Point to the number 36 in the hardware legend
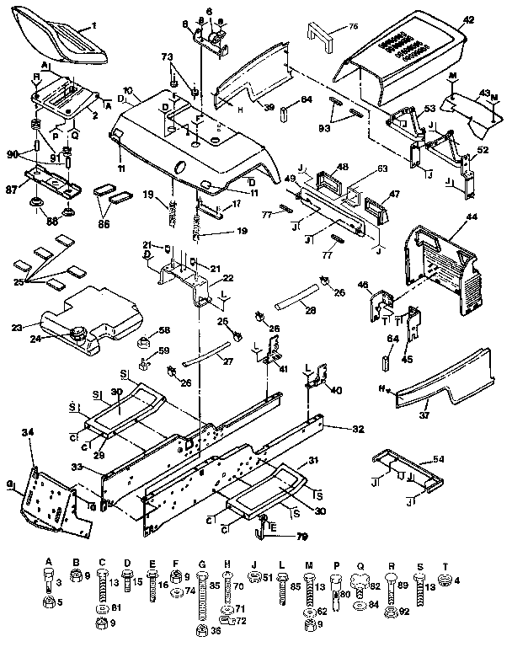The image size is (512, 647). click(x=215, y=630)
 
